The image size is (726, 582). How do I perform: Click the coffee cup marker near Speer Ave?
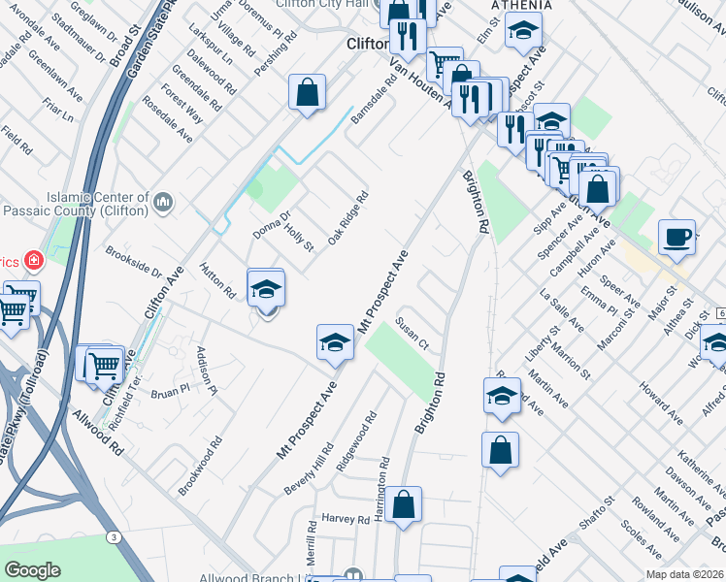click(x=676, y=237)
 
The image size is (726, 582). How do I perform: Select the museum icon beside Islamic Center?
click(x=163, y=203)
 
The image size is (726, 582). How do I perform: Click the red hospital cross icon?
click(x=33, y=261)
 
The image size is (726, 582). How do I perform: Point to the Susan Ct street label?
click(x=412, y=333)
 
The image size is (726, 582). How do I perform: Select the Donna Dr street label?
click(x=272, y=225)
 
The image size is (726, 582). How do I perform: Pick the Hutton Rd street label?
click(x=217, y=281)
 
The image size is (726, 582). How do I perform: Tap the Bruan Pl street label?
click(x=170, y=390)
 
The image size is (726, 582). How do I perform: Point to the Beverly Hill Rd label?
click(x=309, y=469)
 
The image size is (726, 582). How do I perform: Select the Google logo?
click(x=32, y=570)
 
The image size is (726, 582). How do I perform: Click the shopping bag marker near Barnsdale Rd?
click(x=307, y=93)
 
